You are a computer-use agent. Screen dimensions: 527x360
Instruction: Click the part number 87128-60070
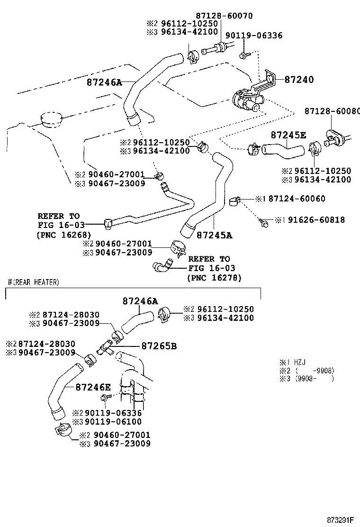(225, 16)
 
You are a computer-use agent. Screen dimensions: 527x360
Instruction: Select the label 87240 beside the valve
(299, 80)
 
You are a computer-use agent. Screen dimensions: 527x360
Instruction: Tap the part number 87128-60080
(332, 111)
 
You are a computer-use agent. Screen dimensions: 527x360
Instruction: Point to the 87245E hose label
(288, 135)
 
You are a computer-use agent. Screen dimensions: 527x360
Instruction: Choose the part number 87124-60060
(297, 199)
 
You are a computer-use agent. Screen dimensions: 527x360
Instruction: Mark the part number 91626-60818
(310, 220)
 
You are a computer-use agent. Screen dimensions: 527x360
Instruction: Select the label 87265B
(159, 346)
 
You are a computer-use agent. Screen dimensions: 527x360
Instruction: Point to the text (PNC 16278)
(214, 278)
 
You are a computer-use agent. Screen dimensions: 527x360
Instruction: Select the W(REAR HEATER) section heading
(33, 282)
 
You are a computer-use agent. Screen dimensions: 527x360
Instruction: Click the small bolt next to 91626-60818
(263, 220)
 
